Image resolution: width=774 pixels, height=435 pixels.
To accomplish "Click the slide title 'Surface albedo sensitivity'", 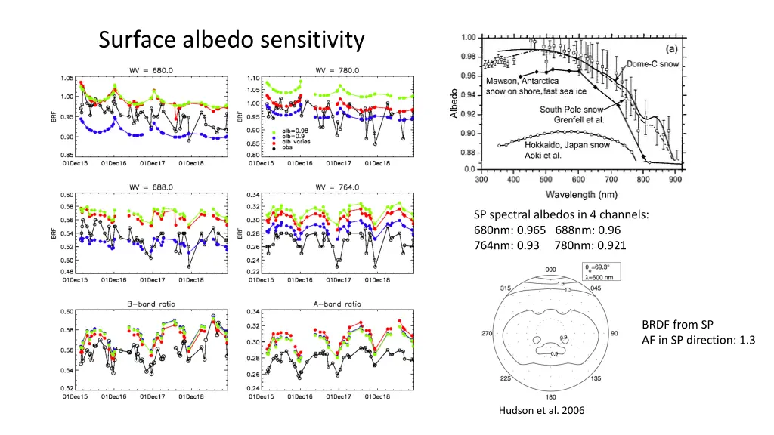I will [231, 39].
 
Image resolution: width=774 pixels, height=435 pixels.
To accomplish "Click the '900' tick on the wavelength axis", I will [675, 180].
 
